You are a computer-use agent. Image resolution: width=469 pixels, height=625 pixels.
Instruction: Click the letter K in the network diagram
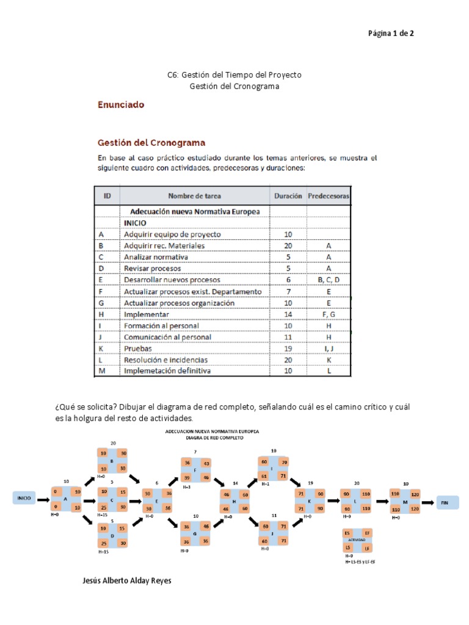pyautogui.click(x=310, y=500)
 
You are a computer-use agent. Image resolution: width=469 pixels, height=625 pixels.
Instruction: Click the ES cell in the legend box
pyautogui.click(x=347, y=532)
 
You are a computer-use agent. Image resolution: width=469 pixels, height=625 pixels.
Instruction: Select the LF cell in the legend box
pyautogui.click(x=368, y=547)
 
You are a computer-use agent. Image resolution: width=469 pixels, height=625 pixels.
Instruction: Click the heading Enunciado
pyautogui.click(x=121, y=104)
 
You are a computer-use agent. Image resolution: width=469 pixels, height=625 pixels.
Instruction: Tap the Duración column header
pyautogui.click(x=288, y=196)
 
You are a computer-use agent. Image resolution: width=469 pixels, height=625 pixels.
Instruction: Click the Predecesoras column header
pyautogui.click(x=329, y=196)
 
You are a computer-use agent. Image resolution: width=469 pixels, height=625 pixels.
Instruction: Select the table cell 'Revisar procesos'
pyautogui.click(x=152, y=269)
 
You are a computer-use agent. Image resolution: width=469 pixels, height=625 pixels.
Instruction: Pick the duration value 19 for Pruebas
pyautogui.click(x=288, y=349)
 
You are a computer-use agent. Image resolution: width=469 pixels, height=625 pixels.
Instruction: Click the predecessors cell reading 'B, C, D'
pyautogui.click(x=329, y=280)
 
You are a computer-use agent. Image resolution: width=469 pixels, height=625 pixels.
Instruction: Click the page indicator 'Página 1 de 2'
pyautogui.click(x=390, y=34)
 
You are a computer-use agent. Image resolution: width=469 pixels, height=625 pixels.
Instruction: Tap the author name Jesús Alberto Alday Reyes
pyautogui.click(x=126, y=580)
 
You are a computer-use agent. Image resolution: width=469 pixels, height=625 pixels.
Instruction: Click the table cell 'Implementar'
pyautogui.click(x=147, y=314)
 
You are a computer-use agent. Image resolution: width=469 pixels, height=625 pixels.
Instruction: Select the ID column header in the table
pyautogui.click(x=107, y=196)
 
